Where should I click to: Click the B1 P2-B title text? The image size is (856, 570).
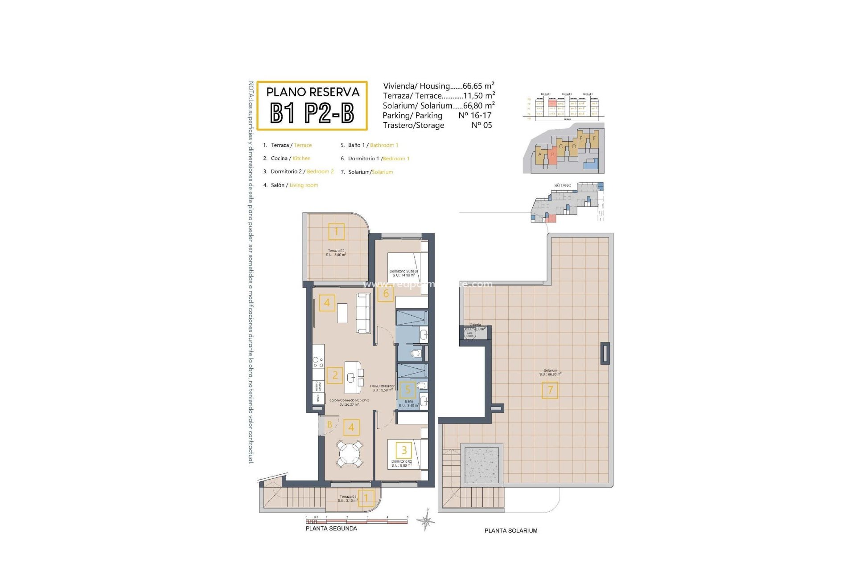pos(312,113)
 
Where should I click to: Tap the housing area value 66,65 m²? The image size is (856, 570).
pos(478,86)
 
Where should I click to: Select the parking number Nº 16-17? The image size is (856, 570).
pos(475,115)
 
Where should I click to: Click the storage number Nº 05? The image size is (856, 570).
pos(481,125)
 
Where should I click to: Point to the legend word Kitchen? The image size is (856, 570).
pos(301,159)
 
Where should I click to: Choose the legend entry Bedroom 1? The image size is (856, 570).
pos(396,159)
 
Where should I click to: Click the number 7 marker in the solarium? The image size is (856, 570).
pos(550,390)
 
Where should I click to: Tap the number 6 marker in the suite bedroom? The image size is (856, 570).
pos(386,293)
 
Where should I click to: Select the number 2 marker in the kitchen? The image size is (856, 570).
pos(335,375)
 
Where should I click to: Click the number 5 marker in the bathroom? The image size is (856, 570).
pos(407,390)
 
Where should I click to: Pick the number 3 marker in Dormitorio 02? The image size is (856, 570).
pos(404,450)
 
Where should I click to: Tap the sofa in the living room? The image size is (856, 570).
pos(363,313)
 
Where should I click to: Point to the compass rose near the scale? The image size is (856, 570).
pos(427,521)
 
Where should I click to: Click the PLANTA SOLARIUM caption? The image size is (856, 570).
pos(511,531)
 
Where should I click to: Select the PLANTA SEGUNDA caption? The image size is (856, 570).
pos(331,529)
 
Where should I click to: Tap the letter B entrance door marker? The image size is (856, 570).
pos(329,425)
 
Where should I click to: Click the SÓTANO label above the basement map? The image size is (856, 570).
pos(563,185)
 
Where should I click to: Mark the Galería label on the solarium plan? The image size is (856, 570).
pos(475,325)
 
